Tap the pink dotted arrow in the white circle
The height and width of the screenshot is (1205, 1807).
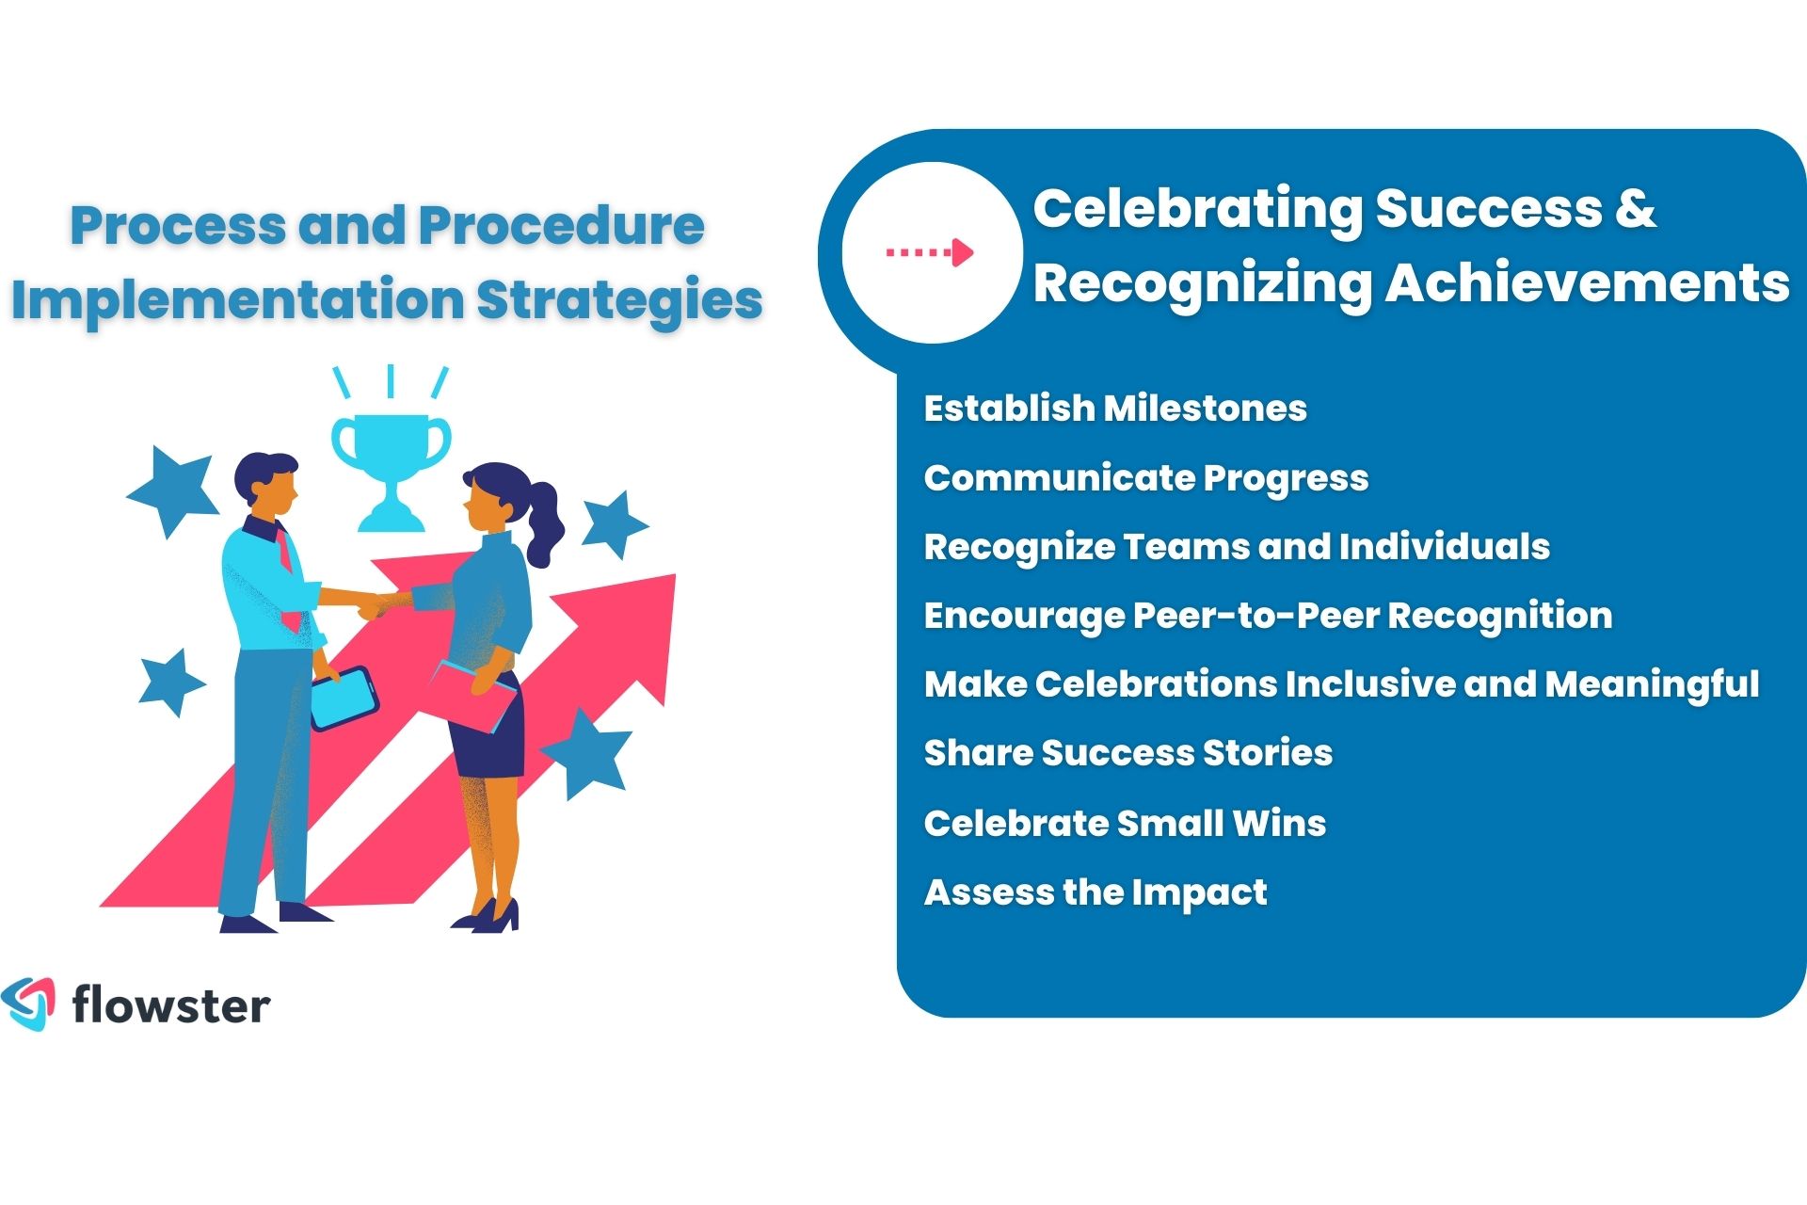930,252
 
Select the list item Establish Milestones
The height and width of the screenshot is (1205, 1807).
1115,409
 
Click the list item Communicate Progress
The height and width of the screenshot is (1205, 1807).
1145,478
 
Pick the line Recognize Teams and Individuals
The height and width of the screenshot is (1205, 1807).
1236,547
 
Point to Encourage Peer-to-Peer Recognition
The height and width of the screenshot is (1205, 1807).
1268,616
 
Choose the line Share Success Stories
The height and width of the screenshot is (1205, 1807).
1127,753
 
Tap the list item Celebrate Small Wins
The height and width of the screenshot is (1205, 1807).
1125,823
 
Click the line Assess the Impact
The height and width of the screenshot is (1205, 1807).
1095,892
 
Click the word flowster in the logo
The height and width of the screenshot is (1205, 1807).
171,1005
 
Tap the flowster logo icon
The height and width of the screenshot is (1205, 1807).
29,1004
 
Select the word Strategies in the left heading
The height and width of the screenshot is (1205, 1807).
618,299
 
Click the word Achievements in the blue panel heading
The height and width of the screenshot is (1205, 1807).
1587,282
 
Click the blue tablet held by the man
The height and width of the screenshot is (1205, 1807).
344,698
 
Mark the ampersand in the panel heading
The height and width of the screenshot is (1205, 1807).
1635,208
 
